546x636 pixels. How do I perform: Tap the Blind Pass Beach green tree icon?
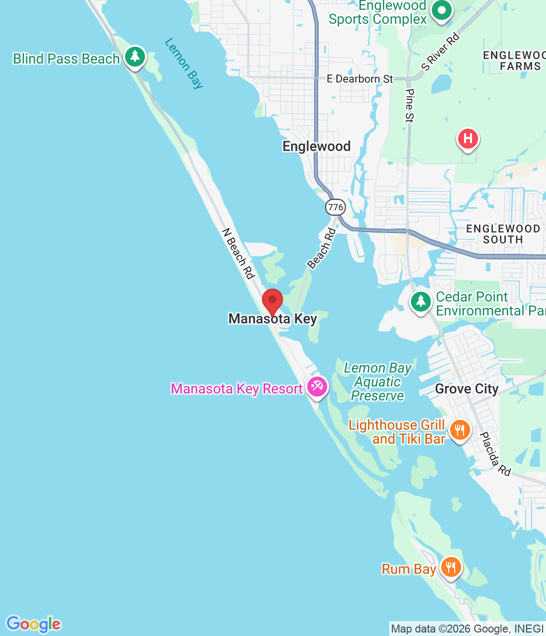click(x=135, y=57)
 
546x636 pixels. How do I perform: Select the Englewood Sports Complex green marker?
click(x=441, y=10)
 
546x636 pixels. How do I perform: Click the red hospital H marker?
click(x=468, y=139)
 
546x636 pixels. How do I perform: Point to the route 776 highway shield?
click(x=336, y=207)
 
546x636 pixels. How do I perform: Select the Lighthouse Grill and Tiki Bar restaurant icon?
click(x=460, y=430)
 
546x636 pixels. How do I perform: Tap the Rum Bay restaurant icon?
click(x=451, y=567)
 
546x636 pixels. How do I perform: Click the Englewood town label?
click(x=316, y=147)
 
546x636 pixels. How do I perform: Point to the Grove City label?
click(x=467, y=389)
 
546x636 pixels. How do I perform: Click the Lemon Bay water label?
click(x=184, y=63)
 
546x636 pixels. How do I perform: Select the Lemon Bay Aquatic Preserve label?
click(x=378, y=382)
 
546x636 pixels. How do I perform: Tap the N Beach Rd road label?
click(x=238, y=253)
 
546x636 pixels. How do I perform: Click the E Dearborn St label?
click(x=360, y=79)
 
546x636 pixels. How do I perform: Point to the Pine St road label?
click(x=409, y=105)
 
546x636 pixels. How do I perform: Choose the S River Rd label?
click(x=440, y=52)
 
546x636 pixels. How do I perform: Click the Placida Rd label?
click(x=495, y=454)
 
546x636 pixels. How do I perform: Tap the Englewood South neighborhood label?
click(x=503, y=234)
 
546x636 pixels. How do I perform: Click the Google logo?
click(x=33, y=624)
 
